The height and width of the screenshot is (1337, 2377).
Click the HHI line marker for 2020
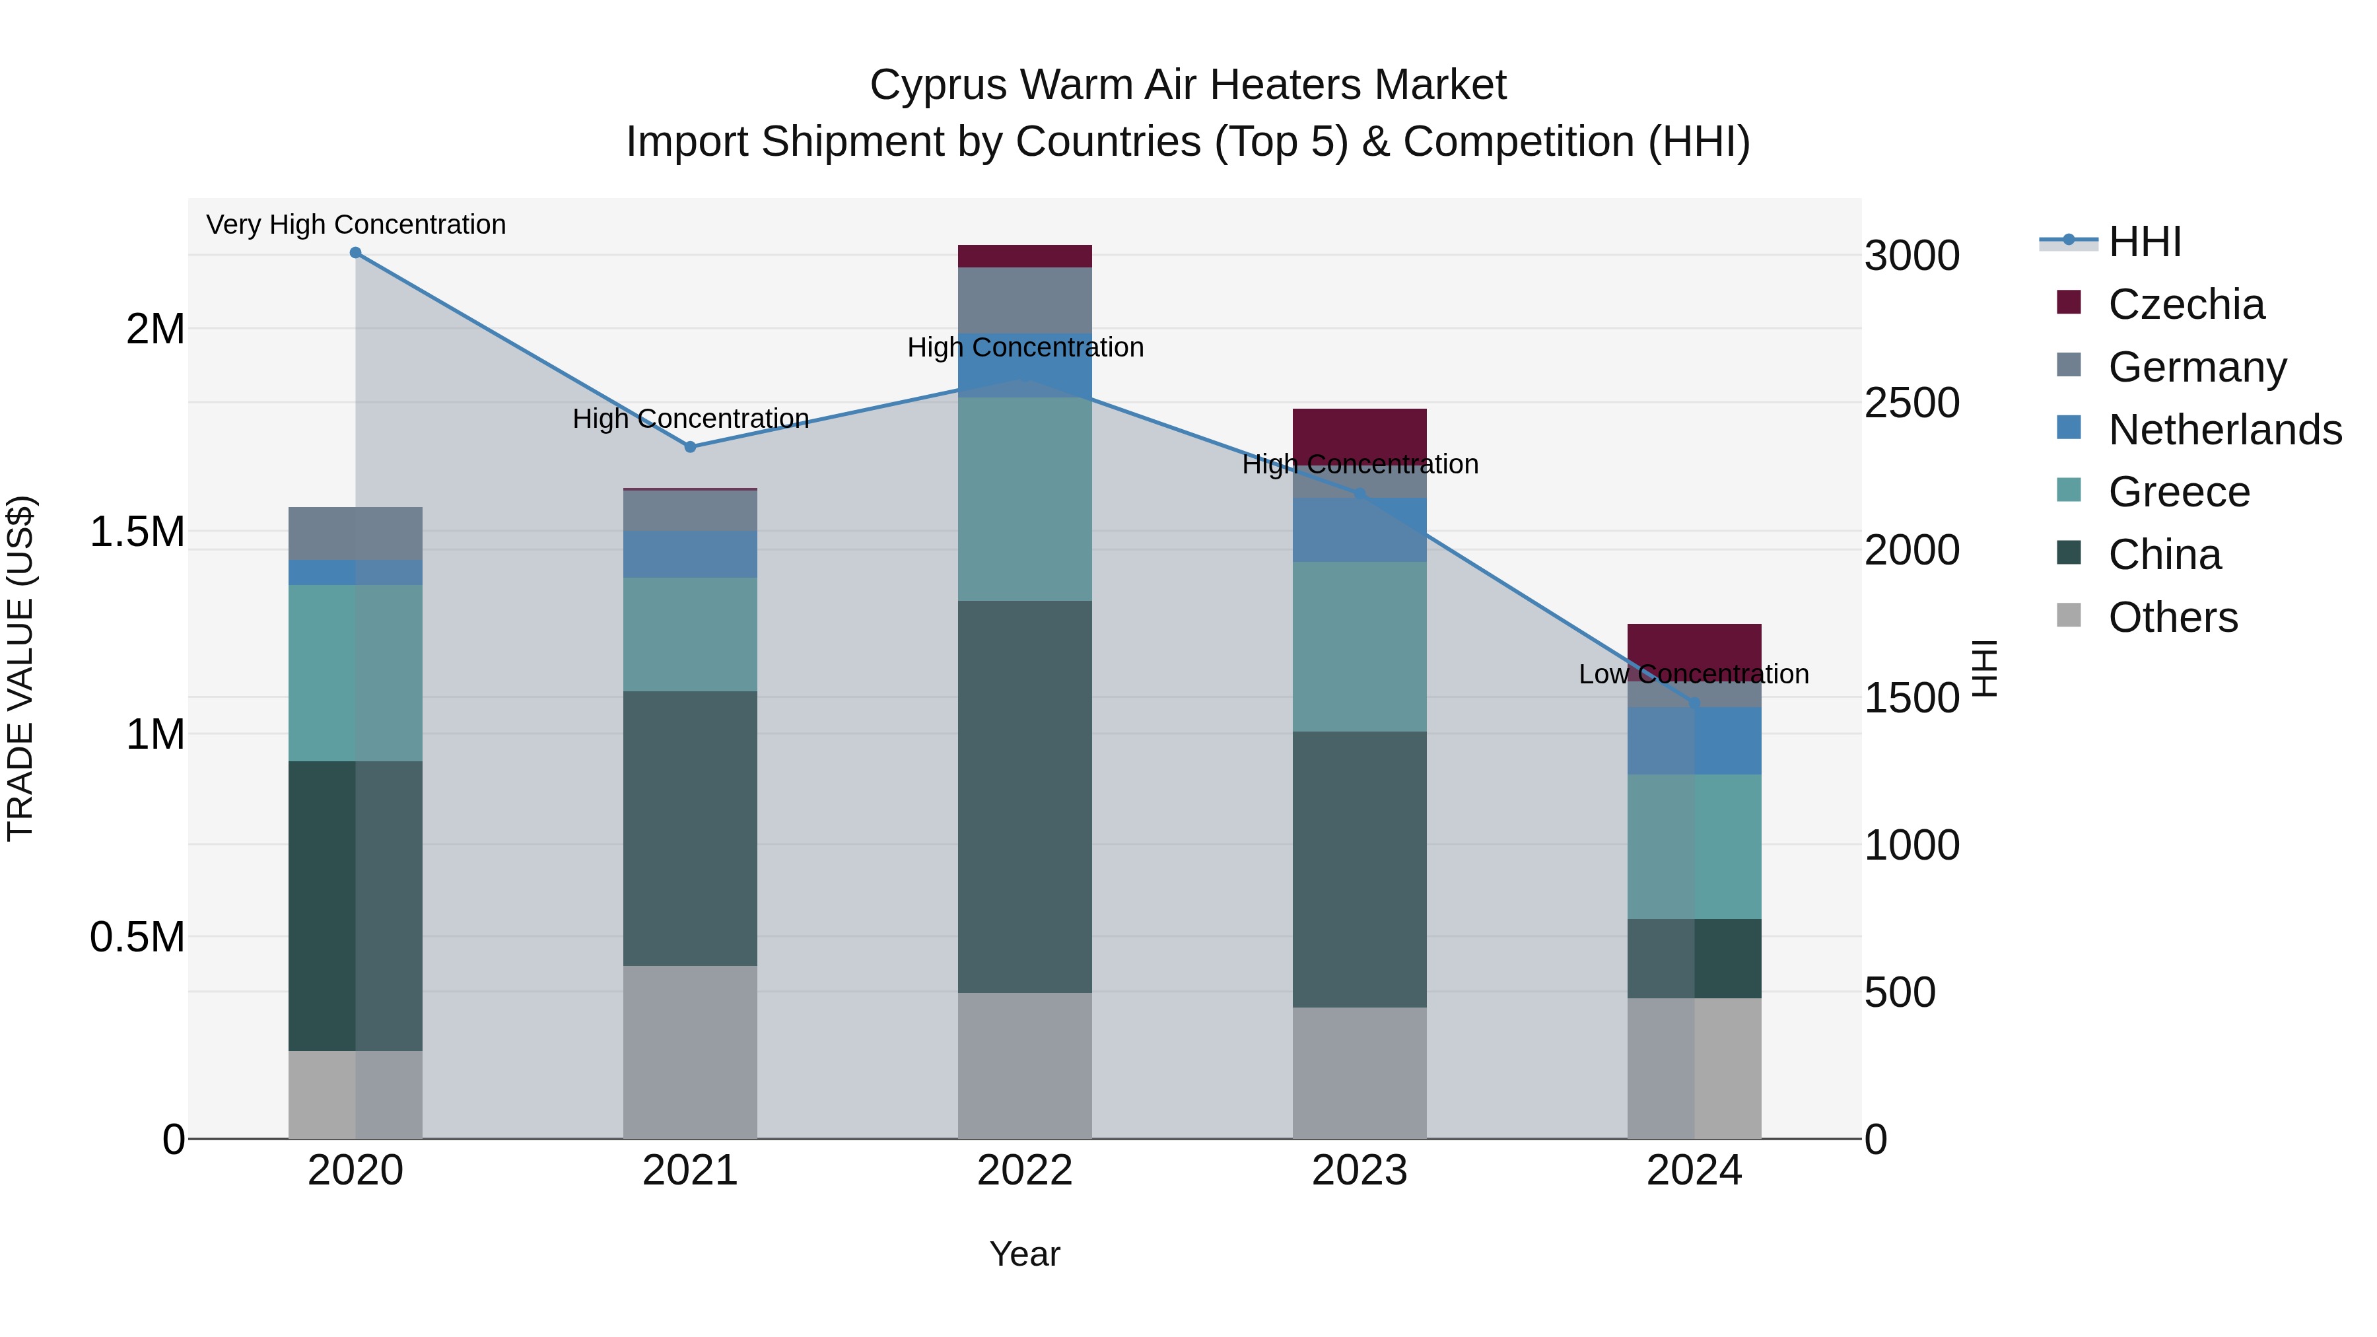pos(355,253)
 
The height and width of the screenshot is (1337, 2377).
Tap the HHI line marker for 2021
pos(690,446)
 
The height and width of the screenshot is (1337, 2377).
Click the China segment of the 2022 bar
pos(1024,797)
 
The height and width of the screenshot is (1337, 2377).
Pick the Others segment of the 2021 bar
pos(690,1052)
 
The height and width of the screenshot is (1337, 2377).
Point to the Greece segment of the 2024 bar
pos(1694,846)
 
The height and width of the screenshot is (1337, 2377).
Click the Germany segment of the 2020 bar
pos(355,533)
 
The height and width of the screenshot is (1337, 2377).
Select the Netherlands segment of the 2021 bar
pos(690,554)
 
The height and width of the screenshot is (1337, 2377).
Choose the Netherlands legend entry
pos(2224,430)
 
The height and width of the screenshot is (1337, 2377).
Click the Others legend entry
pos(2173,617)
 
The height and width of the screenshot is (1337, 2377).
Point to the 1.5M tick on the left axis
pos(137,531)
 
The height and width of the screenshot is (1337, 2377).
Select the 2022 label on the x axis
pos(1024,1171)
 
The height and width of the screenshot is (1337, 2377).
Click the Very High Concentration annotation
pos(355,224)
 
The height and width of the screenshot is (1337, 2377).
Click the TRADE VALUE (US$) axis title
pos(21,668)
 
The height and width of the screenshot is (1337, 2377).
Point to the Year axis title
pos(1024,1254)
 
